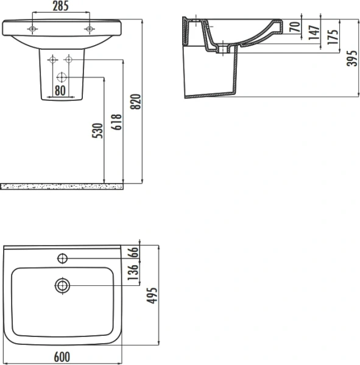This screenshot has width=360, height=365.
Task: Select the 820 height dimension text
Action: coord(136,102)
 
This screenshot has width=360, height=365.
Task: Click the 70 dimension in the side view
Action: coord(294,27)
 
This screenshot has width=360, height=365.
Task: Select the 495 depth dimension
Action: coord(154,295)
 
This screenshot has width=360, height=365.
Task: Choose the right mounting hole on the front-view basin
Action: coord(89,29)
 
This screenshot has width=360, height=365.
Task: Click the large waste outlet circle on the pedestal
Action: coord(62,77)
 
